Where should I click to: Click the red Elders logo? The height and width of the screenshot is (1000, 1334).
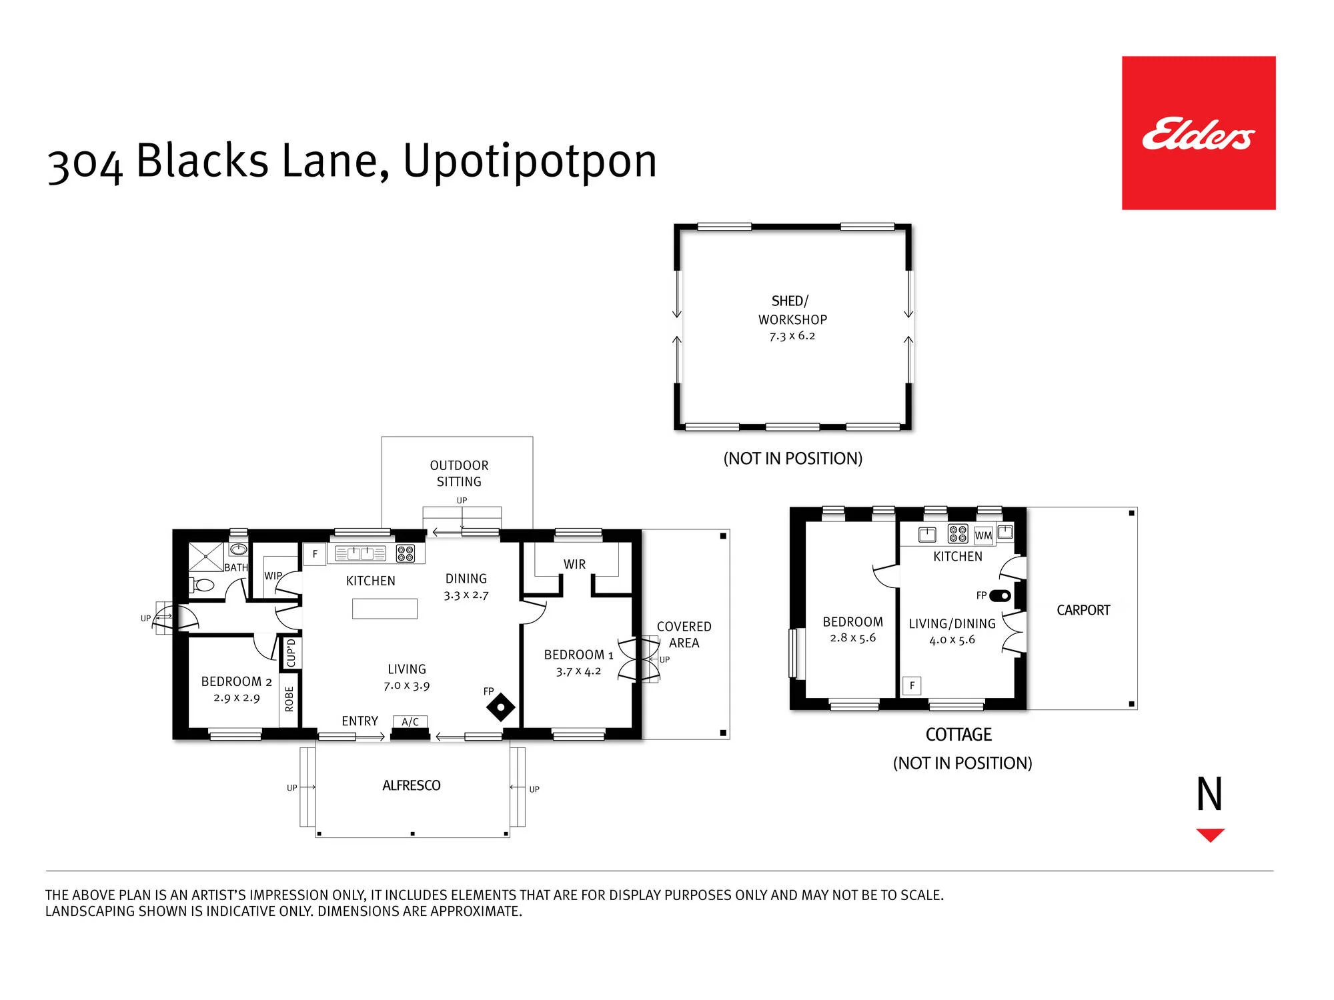tap(1199, 133)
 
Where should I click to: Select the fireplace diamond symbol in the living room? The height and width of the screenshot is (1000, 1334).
tap(501, 707)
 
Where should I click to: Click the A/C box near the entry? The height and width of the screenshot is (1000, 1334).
tap(410, 722)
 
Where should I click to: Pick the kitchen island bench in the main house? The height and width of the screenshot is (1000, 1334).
tap(385, 609)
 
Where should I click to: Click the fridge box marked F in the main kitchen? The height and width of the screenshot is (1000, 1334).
tap(315, 554)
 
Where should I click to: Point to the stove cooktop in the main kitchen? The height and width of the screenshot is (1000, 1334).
tap(406, 553)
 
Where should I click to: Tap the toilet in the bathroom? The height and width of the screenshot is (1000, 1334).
tap(201, 585)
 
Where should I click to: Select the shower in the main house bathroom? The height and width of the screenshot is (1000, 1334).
tap(205, 557)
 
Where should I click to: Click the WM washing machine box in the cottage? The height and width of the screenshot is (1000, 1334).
tap(983, 535)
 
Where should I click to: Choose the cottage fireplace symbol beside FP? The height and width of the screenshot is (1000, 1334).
tap(1000, 595)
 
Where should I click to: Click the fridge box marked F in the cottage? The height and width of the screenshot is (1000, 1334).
tap(912, 686)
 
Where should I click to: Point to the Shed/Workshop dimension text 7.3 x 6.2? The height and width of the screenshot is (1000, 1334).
tap(792, 336)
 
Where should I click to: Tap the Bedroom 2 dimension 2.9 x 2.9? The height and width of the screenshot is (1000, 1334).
tap(237, 698)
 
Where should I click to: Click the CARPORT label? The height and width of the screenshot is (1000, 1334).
tap(1083, 610)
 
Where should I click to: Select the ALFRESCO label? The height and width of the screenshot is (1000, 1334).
tap(412, 785)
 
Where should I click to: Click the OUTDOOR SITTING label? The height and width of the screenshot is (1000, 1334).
tap(459, 473)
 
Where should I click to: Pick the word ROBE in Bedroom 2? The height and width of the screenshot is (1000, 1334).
tap(289, 699)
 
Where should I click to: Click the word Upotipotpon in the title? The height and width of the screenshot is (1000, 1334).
tap(530, 162)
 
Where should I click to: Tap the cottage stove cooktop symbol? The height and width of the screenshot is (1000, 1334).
tap(958, 534)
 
